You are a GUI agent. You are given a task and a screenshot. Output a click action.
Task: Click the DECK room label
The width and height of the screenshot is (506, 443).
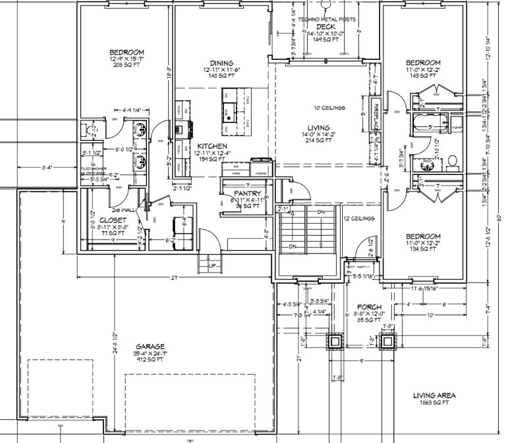pyautogui.click(x=325, y=26)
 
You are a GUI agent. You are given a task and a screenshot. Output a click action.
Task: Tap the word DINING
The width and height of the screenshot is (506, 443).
pyautogui.click(x=218, y=63)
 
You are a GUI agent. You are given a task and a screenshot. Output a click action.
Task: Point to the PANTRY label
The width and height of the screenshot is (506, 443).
pyautogui.click(x=248, y=194)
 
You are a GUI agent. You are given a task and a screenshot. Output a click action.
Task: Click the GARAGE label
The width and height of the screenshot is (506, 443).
pyautogui.click(x=150, y=346)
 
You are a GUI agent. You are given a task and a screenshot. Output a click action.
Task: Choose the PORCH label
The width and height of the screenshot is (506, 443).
pyautogui.click(x=370, y=307)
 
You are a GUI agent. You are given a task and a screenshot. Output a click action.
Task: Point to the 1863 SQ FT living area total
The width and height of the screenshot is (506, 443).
pyautogui.click(x=434, y=401)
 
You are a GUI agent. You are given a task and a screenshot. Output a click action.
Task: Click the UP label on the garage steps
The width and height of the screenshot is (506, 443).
pyautogui.click(x=211, y=265)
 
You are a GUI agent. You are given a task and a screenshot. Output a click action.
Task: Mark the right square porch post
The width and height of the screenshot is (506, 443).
pyautogui.click(x=387, y=340)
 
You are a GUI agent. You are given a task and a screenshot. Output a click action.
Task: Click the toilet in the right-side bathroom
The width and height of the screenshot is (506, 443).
pyautogui.click(x=452, y=160)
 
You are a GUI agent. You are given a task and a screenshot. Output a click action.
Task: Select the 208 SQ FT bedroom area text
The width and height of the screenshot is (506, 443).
pyautogui.click(x=128, y=66)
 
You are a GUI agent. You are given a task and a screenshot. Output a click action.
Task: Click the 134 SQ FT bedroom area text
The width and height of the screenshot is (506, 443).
pyautogui.click(x=422, y=251)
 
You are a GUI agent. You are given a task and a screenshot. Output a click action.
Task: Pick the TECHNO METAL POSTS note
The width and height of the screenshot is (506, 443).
pyautogui.click(x=326, y=20)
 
